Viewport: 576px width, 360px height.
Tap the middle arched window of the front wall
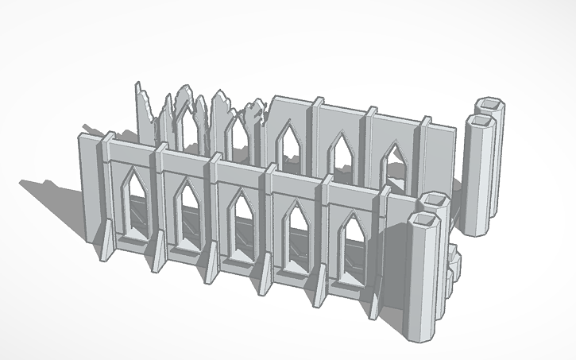tap(240, 218)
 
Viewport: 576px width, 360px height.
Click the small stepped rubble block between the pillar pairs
tap(454, 262)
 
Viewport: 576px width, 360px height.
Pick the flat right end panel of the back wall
tap(445, 159)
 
